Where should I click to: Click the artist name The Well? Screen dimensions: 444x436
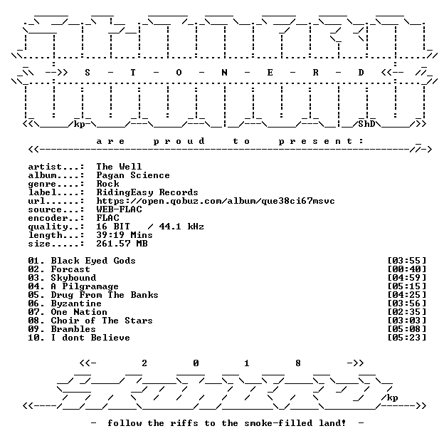coord(119,167)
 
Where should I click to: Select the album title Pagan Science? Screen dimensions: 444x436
coord(133,175)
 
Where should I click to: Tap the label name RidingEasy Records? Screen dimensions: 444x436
coord(147,192)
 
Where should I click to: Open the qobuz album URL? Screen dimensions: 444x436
coord(216,201)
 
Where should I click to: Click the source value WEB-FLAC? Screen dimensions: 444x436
coord(119,209)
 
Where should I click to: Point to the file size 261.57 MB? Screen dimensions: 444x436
coord(122,244)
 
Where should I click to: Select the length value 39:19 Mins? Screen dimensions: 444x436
coord(125,235)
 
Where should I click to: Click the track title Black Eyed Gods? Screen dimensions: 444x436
coord(93,261)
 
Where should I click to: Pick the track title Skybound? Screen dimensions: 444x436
coord(73,278)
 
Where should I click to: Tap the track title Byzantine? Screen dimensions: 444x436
coord(76,303)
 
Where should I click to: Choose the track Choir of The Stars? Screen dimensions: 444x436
coord(102,321)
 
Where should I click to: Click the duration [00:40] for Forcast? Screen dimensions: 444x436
coord(406,269)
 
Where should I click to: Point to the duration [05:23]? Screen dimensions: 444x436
coord(406,338)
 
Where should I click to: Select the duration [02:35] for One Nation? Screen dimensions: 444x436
coord(406,312)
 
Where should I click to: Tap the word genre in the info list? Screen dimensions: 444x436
coord(42,185)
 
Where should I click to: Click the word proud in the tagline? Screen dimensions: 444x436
coord(179,141)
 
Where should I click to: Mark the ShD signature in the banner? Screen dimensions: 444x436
coord(366,124)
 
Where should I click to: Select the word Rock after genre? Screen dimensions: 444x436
coord(107,184)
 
